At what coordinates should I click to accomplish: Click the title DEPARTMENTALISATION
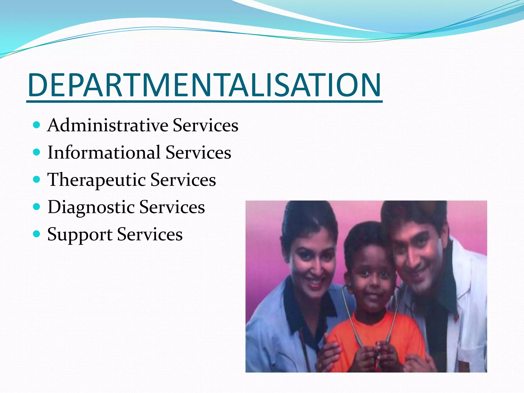point(204,85)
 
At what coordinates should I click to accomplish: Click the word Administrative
point(108,125)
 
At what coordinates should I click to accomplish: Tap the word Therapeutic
point(96,180)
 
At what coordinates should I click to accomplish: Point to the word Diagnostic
point(91,207)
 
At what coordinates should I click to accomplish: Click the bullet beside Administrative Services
point(37,125)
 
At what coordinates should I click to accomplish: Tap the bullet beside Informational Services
point(37,152)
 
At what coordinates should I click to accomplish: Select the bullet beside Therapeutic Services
point(37,180)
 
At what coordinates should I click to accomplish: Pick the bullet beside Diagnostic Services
point(37,207)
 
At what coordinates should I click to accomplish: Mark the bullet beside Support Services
point(37,234)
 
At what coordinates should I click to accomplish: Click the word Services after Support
point(150,234)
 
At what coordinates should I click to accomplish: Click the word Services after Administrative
point(205,125)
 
